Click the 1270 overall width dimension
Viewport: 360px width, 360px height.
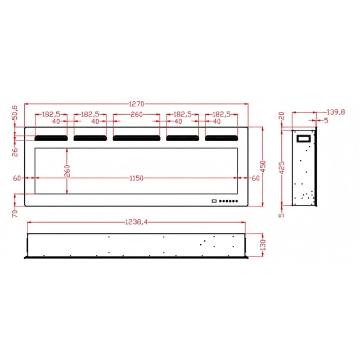136,104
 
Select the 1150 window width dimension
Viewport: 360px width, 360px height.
136,178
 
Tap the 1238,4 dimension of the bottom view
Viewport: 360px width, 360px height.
136,222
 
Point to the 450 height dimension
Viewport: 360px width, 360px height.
263,166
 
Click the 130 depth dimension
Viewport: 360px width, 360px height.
263,245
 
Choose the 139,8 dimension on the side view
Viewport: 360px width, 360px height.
336,112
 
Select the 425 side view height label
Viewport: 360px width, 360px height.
282,168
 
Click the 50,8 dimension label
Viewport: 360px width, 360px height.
15,112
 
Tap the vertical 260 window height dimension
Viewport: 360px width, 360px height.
67,171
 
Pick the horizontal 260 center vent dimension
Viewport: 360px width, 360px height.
137,114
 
